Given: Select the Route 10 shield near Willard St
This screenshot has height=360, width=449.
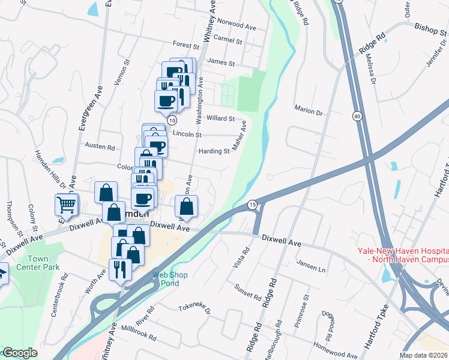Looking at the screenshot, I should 172,120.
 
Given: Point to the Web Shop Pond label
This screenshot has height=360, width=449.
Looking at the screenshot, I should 170,279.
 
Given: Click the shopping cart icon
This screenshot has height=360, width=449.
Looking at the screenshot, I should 66,205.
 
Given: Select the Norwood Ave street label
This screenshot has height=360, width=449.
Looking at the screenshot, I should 237,26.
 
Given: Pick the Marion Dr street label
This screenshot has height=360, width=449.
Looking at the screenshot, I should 309,111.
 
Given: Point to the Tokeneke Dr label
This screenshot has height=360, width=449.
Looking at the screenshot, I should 194,308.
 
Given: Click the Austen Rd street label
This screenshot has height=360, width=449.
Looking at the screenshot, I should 100,146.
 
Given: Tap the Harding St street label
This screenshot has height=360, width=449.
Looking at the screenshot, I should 214,151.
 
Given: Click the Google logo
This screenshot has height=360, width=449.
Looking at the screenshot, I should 20,353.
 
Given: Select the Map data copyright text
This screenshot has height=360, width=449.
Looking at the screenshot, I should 423,355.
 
